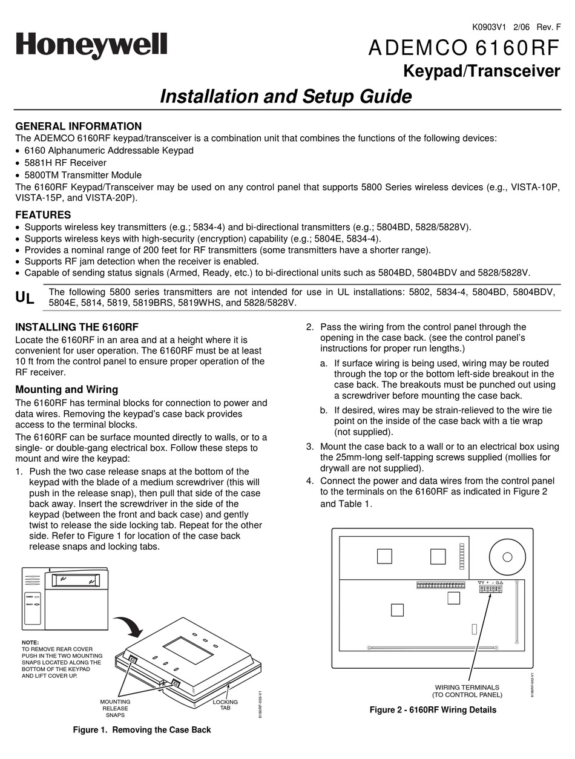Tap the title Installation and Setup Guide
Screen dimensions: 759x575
(286, 97)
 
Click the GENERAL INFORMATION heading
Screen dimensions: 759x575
(78, 126)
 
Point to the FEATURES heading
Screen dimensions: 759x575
(43, 215)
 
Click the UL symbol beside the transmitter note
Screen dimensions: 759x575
(25, 297)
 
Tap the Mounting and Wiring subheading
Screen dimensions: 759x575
(67, 389)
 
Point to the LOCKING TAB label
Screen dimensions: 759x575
(225, 705)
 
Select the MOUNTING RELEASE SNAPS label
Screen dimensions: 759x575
(115, 708)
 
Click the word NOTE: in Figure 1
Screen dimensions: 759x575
(30, 642)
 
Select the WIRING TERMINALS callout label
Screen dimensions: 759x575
(467, 691)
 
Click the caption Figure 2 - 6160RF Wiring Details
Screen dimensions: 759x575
(433, 710)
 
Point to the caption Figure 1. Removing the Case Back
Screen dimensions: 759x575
(142, 730)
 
